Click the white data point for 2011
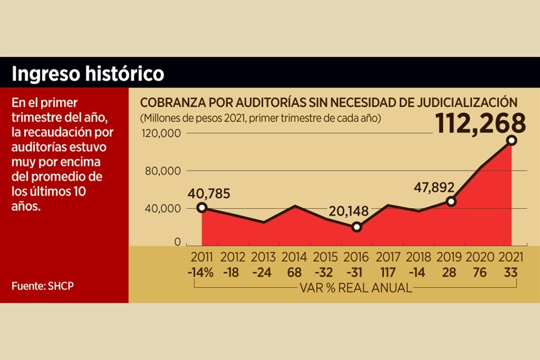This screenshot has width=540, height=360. (202, 208)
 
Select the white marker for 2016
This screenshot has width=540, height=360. (356, 227)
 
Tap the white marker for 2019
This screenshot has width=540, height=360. (451, 201)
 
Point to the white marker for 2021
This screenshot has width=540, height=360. (511, 141)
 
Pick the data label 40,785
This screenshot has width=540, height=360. (209, 193)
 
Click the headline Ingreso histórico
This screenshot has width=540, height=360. (88, 74)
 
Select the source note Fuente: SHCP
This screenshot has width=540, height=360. (43, 286)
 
